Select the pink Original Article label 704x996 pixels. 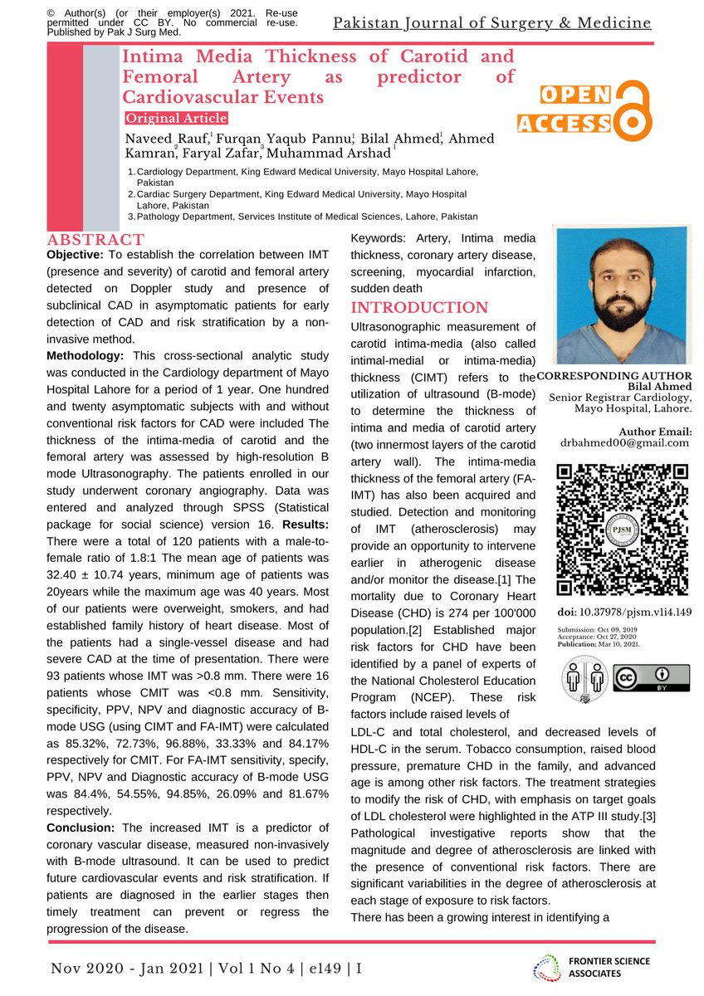point(175,119)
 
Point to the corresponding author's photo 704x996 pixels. point(623,295)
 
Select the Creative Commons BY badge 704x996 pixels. point(651,678)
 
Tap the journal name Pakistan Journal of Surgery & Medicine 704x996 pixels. point(492,22)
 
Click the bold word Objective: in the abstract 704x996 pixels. point(75,253)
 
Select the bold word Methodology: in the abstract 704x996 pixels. point(88,355)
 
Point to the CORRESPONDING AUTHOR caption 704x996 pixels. point(615,376)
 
